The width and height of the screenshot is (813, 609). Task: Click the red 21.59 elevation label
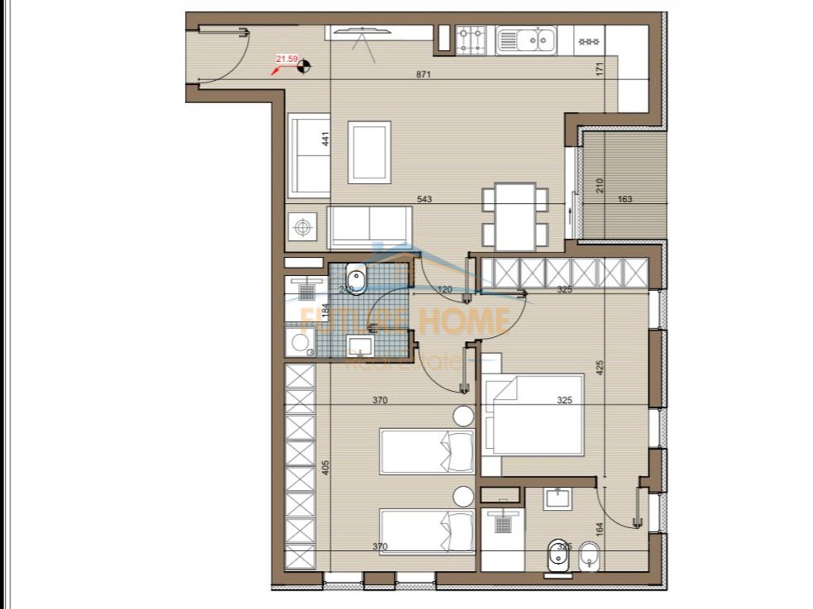[x=287, y=59]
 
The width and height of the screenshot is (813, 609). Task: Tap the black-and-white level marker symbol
[x=302, y=67]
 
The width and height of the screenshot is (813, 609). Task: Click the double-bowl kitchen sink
[x=526, y=38]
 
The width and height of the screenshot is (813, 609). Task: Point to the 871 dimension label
[x=423, y=75]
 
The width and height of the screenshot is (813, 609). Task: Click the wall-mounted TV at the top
[x=362, y=30]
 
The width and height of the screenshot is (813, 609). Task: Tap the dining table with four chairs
[x=515, y=213]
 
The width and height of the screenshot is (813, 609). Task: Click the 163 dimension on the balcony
[x=625, y=199]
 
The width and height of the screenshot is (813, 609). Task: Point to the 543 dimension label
[x=424, y=199]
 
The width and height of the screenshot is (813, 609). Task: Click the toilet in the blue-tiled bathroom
[x=356, y=281]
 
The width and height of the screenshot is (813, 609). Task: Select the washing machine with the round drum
[x=300, y=342]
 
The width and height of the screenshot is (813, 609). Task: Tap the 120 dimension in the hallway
[x=445, y=290]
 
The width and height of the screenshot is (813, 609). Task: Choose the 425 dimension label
[x=601, y=367]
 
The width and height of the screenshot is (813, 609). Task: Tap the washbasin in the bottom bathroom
[x=555, y=499]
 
